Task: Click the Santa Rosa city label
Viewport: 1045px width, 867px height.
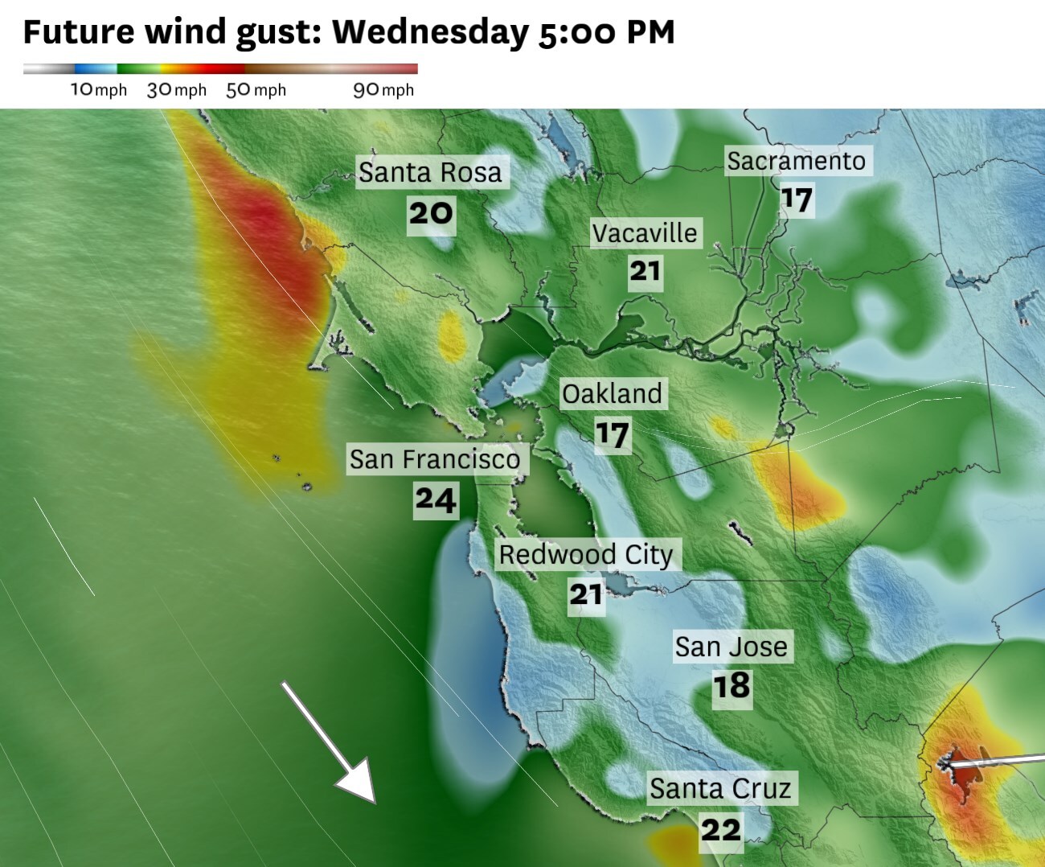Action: (430, 172)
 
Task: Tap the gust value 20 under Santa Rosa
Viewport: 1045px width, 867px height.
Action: (431, 214)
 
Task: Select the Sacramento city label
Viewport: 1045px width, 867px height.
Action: (796, 161)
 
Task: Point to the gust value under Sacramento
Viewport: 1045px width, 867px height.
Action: (797, 199)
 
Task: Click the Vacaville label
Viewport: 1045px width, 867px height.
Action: (645, 233)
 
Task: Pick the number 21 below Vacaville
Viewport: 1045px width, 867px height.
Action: (645, 271)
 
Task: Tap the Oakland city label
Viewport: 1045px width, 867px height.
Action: (612, 394)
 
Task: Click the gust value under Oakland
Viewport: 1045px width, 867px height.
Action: (612, 435)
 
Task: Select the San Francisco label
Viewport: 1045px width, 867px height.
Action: (435, 459)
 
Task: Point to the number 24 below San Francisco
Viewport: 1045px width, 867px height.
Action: (436, 499)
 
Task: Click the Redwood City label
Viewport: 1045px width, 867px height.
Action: (586, 554)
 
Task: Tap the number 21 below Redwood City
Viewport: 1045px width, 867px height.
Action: (586, 595)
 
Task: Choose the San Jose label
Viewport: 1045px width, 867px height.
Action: (731, 647)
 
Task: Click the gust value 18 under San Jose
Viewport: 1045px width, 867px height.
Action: (731, 686)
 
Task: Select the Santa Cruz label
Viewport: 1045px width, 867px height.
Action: (720, 788)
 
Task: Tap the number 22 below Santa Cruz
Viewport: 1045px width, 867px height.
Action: (720, 829)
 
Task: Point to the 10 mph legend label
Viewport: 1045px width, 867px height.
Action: (99, 89)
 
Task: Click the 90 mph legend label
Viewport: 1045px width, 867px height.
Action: (383, 89)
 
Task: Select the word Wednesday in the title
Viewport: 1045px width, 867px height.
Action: (430, 32)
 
